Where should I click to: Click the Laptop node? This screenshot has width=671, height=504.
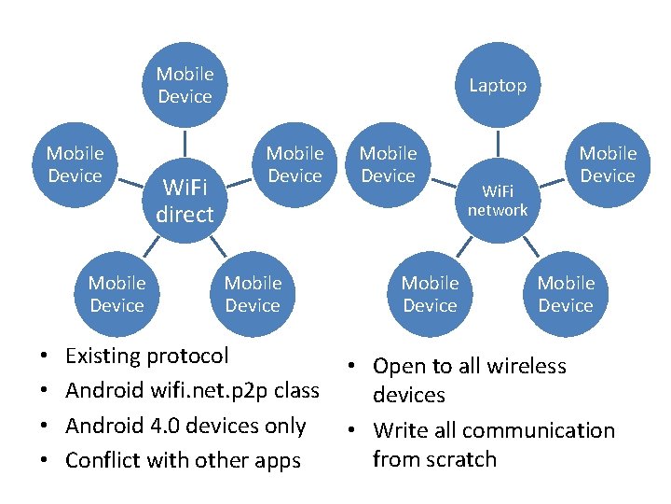coord(498,85)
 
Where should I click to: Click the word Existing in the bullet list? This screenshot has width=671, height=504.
coord(103,356)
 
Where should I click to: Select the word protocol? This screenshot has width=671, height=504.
coord(187,357)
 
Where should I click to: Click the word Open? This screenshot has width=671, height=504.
coord(401,366)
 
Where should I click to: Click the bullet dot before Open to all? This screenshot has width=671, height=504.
coord(355,367)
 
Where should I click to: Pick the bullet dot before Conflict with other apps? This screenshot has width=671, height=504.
coord(46,461)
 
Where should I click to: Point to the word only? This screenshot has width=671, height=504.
coord(285,426)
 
